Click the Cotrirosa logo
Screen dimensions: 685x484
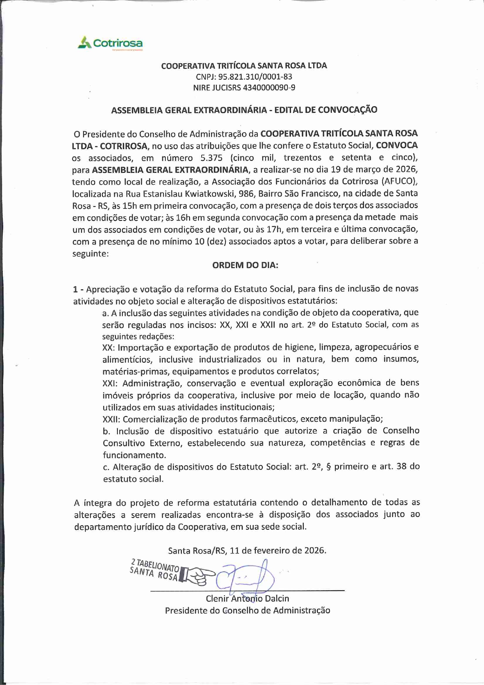pos(110,43)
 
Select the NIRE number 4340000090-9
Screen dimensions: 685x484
pos(269,87)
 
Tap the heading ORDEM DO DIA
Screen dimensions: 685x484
pos(245,265)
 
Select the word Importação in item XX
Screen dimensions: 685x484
pos(138,347)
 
